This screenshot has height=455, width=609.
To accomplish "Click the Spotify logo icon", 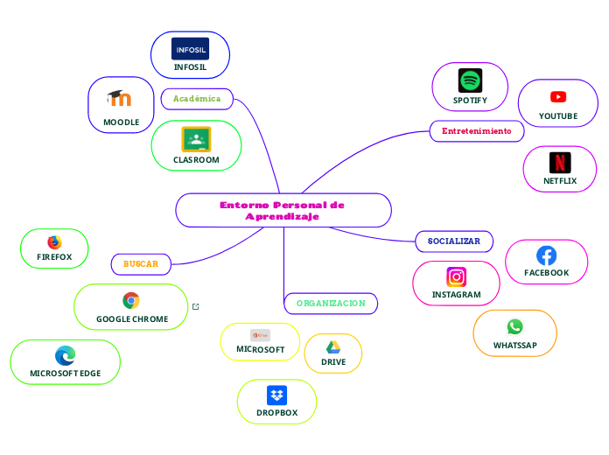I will [471, 80].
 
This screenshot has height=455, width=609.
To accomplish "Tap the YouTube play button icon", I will [558, 97].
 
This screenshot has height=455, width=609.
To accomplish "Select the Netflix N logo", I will [560, 163].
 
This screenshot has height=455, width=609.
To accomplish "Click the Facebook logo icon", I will [546, 255].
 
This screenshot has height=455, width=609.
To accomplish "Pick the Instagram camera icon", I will [457, 277].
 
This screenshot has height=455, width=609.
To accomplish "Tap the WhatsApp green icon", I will [514, 326].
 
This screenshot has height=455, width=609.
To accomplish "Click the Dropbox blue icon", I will [276, 395].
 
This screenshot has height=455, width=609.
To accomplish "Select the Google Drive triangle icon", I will [333, 347].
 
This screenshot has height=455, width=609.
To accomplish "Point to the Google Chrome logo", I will [131, 300].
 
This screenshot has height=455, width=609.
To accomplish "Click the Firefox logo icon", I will [54, 242].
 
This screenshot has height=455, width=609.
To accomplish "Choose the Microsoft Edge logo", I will [65, 355].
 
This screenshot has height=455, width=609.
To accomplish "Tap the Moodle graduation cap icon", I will [119, 98].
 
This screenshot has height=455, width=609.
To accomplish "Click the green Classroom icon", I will [196, 139].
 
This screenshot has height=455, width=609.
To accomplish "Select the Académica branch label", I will [197, 99].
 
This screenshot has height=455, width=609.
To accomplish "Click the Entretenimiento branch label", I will [476, 131].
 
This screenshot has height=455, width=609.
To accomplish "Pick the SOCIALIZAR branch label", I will [453, 241].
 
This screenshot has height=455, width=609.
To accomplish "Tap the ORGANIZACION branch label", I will [331, 304].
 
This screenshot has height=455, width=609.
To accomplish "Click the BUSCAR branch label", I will [141, 263].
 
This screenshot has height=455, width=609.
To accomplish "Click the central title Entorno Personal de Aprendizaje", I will [283, 210].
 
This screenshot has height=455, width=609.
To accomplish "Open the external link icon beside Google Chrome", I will [195, 306].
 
